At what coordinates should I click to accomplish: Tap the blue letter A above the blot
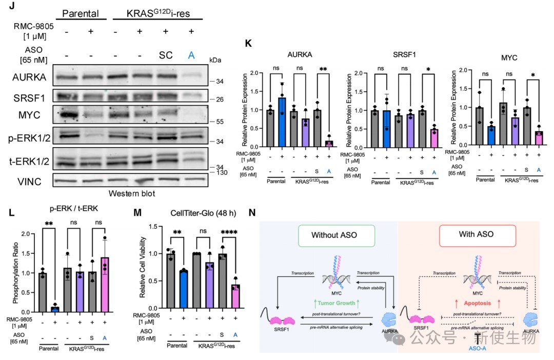pyautogui.click(x=191, y=55)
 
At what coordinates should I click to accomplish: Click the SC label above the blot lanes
pyautogui.click(x=166, y=55)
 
